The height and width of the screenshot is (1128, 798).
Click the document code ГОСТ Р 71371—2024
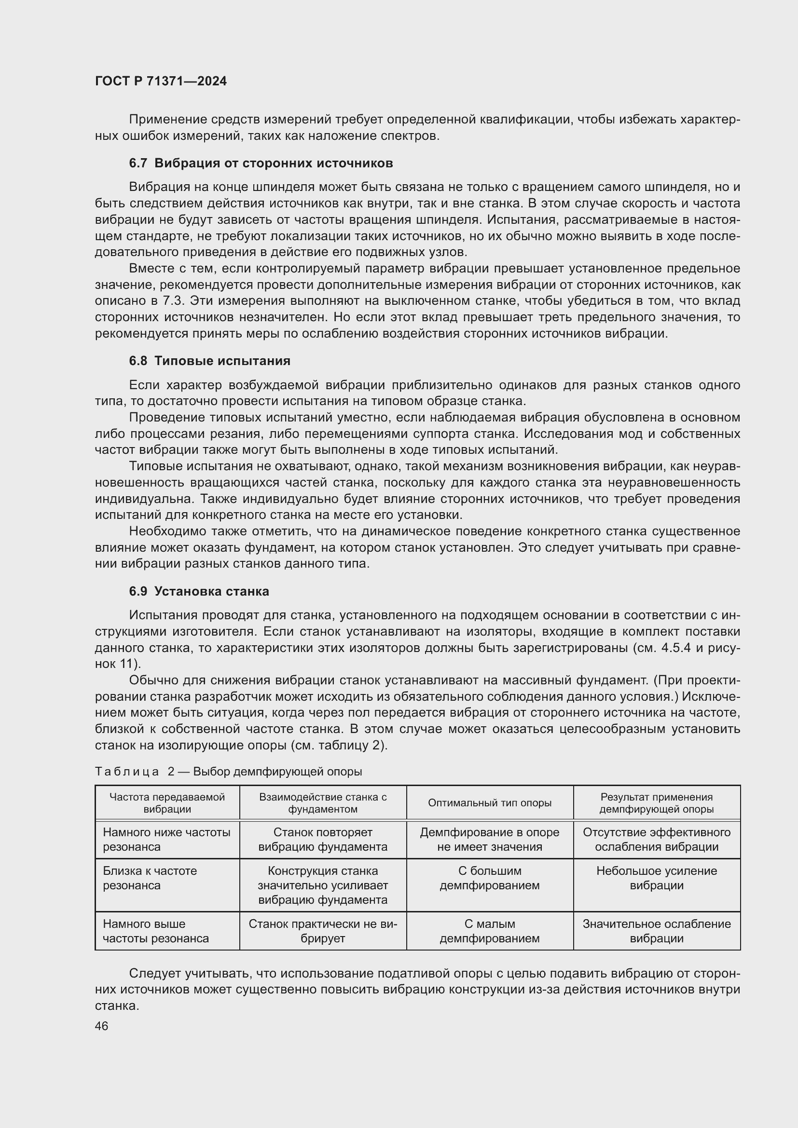tap(161, 81)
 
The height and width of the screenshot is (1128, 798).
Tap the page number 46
tap(101, 1026)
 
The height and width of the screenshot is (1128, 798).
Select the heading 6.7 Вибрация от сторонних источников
tap(261, 163)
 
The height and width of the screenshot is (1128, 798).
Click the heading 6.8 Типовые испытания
tap(210, 361)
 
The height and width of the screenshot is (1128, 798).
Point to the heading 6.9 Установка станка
tap(199, 591)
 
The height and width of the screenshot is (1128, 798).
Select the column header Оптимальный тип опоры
tap(489, 803)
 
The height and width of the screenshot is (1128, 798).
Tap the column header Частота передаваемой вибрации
tap(167, 803)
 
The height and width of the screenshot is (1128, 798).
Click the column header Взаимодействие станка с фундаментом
tap(323, 803)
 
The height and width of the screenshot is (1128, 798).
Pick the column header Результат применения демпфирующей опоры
tap(657, 803)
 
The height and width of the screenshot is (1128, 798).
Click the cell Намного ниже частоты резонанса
tap(166, 839)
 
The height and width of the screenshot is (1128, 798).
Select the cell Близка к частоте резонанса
tap(150, 878)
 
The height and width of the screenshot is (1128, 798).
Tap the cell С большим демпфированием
tap(489, 878)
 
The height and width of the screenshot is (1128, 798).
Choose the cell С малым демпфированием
tap(489, 931)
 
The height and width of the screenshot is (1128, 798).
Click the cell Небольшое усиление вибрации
tap(657, 878)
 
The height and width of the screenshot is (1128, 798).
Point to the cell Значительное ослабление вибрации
tap(657, 931)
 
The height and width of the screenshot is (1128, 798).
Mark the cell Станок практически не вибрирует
tap(323, 931)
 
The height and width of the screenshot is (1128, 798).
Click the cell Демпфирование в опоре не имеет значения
tap(489, 839)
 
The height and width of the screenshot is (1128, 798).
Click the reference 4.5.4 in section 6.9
tap(675, 648)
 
